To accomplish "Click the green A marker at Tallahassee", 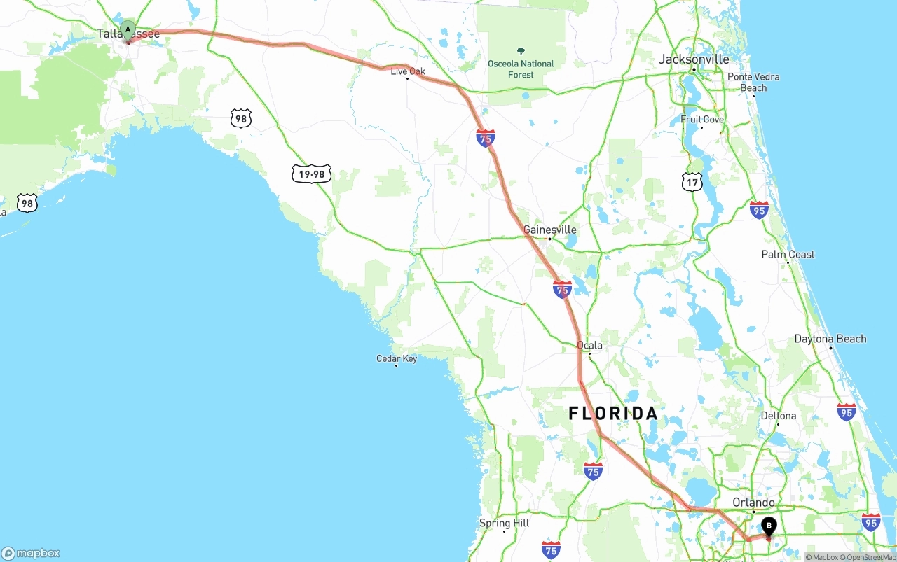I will coord(128,29).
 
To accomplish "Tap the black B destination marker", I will coord(769,526).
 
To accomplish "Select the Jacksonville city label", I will coord(694,59).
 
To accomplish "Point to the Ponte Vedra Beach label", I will coord(753,82).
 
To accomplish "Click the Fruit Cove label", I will coord(702,120).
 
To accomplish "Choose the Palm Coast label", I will coord(788,255).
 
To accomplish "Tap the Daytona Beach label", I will coord(830,339).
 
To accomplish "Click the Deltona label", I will coord(779,416).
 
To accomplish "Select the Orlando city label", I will coord(753,503).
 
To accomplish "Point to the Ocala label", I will coord(589,345).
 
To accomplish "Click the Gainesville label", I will coord(550,230).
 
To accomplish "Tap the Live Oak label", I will coord(408,71).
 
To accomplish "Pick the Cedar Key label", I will coord(397,359).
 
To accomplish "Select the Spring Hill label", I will coord(504,523).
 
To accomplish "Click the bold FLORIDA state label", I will coord(613,414).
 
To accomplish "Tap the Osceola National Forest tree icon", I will coord(521,51).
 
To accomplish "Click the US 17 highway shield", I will coord(692,182).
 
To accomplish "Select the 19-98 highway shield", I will coord(312,173).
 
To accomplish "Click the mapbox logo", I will coord(30,553).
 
